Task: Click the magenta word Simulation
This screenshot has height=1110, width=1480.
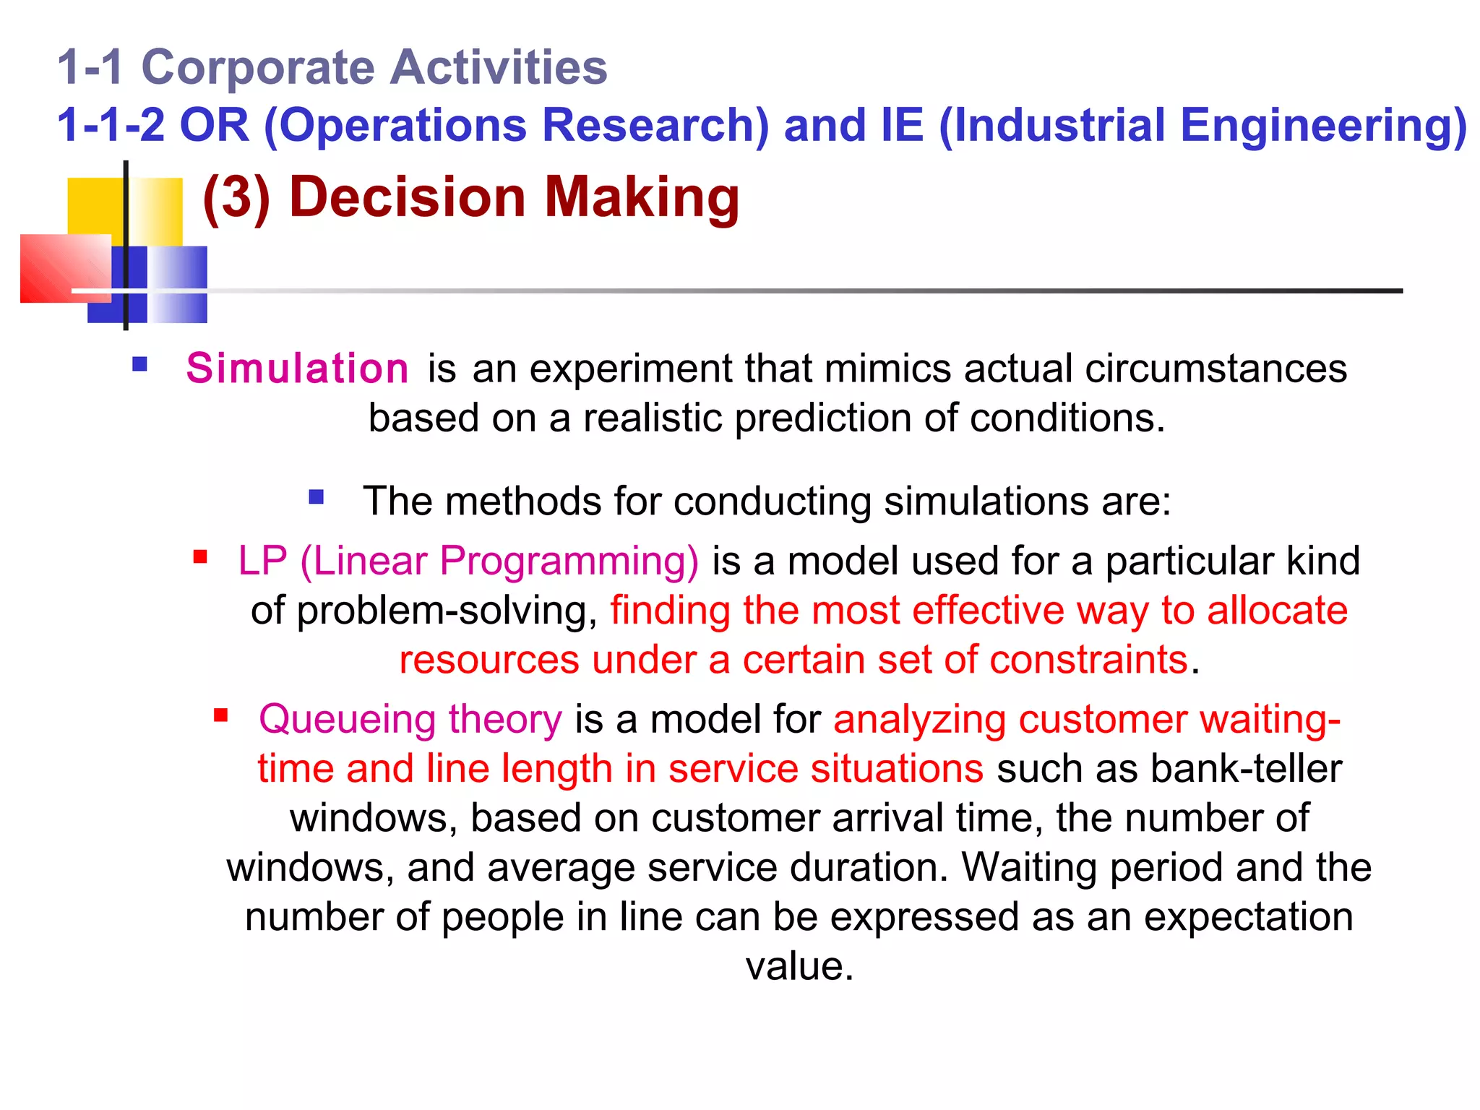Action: (297, 369)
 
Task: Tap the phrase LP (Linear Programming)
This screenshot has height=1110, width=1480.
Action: (468, 561)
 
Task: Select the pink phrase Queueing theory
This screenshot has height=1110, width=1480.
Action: (410, 720)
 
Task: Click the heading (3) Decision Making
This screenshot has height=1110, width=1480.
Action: (471, 197)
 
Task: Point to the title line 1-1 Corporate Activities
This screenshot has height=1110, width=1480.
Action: (332, 67)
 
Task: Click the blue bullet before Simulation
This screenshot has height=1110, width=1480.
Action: (140, 364)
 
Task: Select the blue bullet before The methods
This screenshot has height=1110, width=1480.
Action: (316, 497)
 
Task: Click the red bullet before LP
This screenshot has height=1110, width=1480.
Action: (200, 557)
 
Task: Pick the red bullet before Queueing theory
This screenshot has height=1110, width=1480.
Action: (221, 716)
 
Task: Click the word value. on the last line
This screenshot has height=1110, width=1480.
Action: (799, 966)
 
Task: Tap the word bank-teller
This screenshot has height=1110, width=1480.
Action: (1246, 769)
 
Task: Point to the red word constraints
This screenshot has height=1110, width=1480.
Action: (1088, 660)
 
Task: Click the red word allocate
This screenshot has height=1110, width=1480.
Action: (1277, 611)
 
